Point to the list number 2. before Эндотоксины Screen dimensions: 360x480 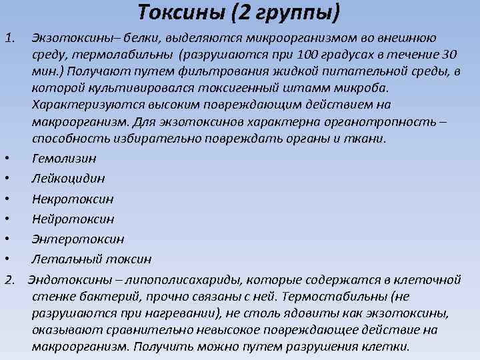[x=11, y=277]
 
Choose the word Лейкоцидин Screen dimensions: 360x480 [x=68, y=179]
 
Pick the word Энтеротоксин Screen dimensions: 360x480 [x=77, y=239]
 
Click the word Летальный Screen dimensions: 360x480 [x=63, y=259]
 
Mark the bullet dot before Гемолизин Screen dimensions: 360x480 [x=5, y=159]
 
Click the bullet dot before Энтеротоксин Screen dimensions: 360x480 [x=5, y=239]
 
